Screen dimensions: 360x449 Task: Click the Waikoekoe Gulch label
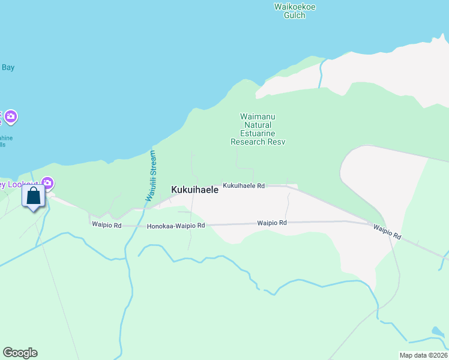pyautogui.click(x=295, y=11)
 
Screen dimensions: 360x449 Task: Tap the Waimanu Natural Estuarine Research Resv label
pyautogui.click(x=258, y=129)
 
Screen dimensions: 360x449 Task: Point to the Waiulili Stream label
pyautogui.click(x=150, y=176)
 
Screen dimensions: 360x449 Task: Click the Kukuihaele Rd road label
pyautogui.click(x=244, y=186)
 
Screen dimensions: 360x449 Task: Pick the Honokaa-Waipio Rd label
pyautogui.click(x=176, y=226)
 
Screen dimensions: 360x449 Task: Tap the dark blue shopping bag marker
pyautogui.click(x=34, y=196)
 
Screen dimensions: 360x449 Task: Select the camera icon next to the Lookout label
pyautogui.click(x=48, y=183)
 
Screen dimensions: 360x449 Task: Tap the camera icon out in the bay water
pyautogui.click(x=11, y=116)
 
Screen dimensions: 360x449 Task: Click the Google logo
pyautogui.click(x=20, y=353)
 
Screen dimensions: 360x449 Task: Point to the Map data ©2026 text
pyautogui.click(x=423, y=355)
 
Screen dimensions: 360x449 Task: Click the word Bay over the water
pyautogui.click(x=8, y=67)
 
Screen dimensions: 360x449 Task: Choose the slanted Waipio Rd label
pyautogui.click(x=387, y=232)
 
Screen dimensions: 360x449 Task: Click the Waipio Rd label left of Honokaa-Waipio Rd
pyautogui.click(x=107, y=225)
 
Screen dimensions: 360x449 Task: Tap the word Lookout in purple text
pyautogui.click(x=23, y=184)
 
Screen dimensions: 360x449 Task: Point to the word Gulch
pyautogui.click(x=295, y=15)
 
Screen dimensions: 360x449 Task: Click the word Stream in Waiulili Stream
pyautogui.click(x=152, y=163)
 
